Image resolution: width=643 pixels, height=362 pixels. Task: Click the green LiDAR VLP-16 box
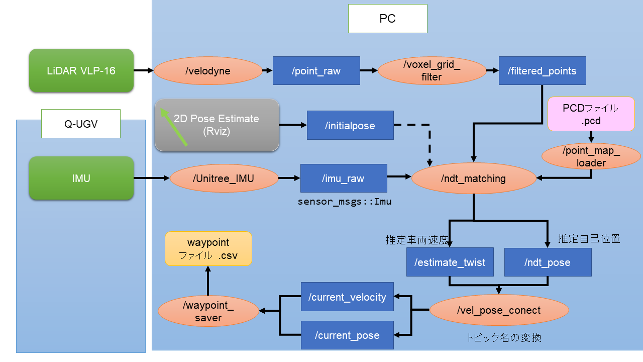coord(81,71)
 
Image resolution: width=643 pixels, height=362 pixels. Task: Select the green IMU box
coord(81,178)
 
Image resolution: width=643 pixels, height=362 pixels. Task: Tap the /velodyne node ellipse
coord(207,71)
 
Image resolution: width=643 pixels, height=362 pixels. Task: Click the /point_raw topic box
coord(316,71)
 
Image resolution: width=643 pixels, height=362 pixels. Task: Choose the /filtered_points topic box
coord(542,71)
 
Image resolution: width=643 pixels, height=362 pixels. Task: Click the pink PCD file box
coord(591,115)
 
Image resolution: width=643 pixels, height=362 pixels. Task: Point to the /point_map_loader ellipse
coord(591,156)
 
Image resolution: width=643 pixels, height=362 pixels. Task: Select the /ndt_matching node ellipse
coord(473,178)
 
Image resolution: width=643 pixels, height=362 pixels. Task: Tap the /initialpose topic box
coord(350,125)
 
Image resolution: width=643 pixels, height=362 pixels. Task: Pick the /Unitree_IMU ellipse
coord(224,178)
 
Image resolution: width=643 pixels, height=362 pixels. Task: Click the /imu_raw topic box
coord(344,178)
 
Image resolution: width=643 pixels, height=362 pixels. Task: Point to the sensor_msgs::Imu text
coord(344,202)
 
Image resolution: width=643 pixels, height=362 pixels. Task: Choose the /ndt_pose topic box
coord(548,262)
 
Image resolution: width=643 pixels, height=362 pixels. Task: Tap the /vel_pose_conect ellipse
coord(499,310)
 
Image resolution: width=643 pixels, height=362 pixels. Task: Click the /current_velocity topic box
coord(347,297)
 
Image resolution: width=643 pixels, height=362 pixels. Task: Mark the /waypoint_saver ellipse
coord(208,311)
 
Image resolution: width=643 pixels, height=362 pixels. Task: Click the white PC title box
coord(387,19)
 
